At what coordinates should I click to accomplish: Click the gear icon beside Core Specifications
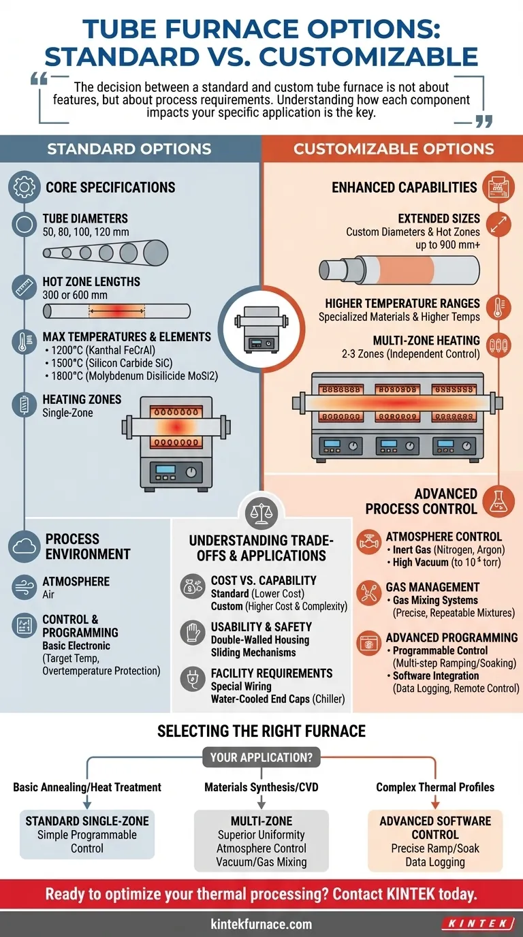[25, 187]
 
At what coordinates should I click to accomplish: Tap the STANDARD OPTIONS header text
[129, 149]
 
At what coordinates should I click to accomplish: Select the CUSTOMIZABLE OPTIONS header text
[394, 149]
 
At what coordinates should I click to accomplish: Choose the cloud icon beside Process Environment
[25, 546]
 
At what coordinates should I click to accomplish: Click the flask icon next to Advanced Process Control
[498, 501]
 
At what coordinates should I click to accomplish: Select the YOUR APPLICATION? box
[261, 757]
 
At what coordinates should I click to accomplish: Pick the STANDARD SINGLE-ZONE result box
[86, 834]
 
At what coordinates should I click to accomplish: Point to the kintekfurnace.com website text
[261, 924]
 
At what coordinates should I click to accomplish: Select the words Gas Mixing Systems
[435, 601]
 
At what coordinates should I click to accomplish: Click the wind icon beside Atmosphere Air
[25, 586]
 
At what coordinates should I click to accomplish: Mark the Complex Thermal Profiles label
[435, 787]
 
